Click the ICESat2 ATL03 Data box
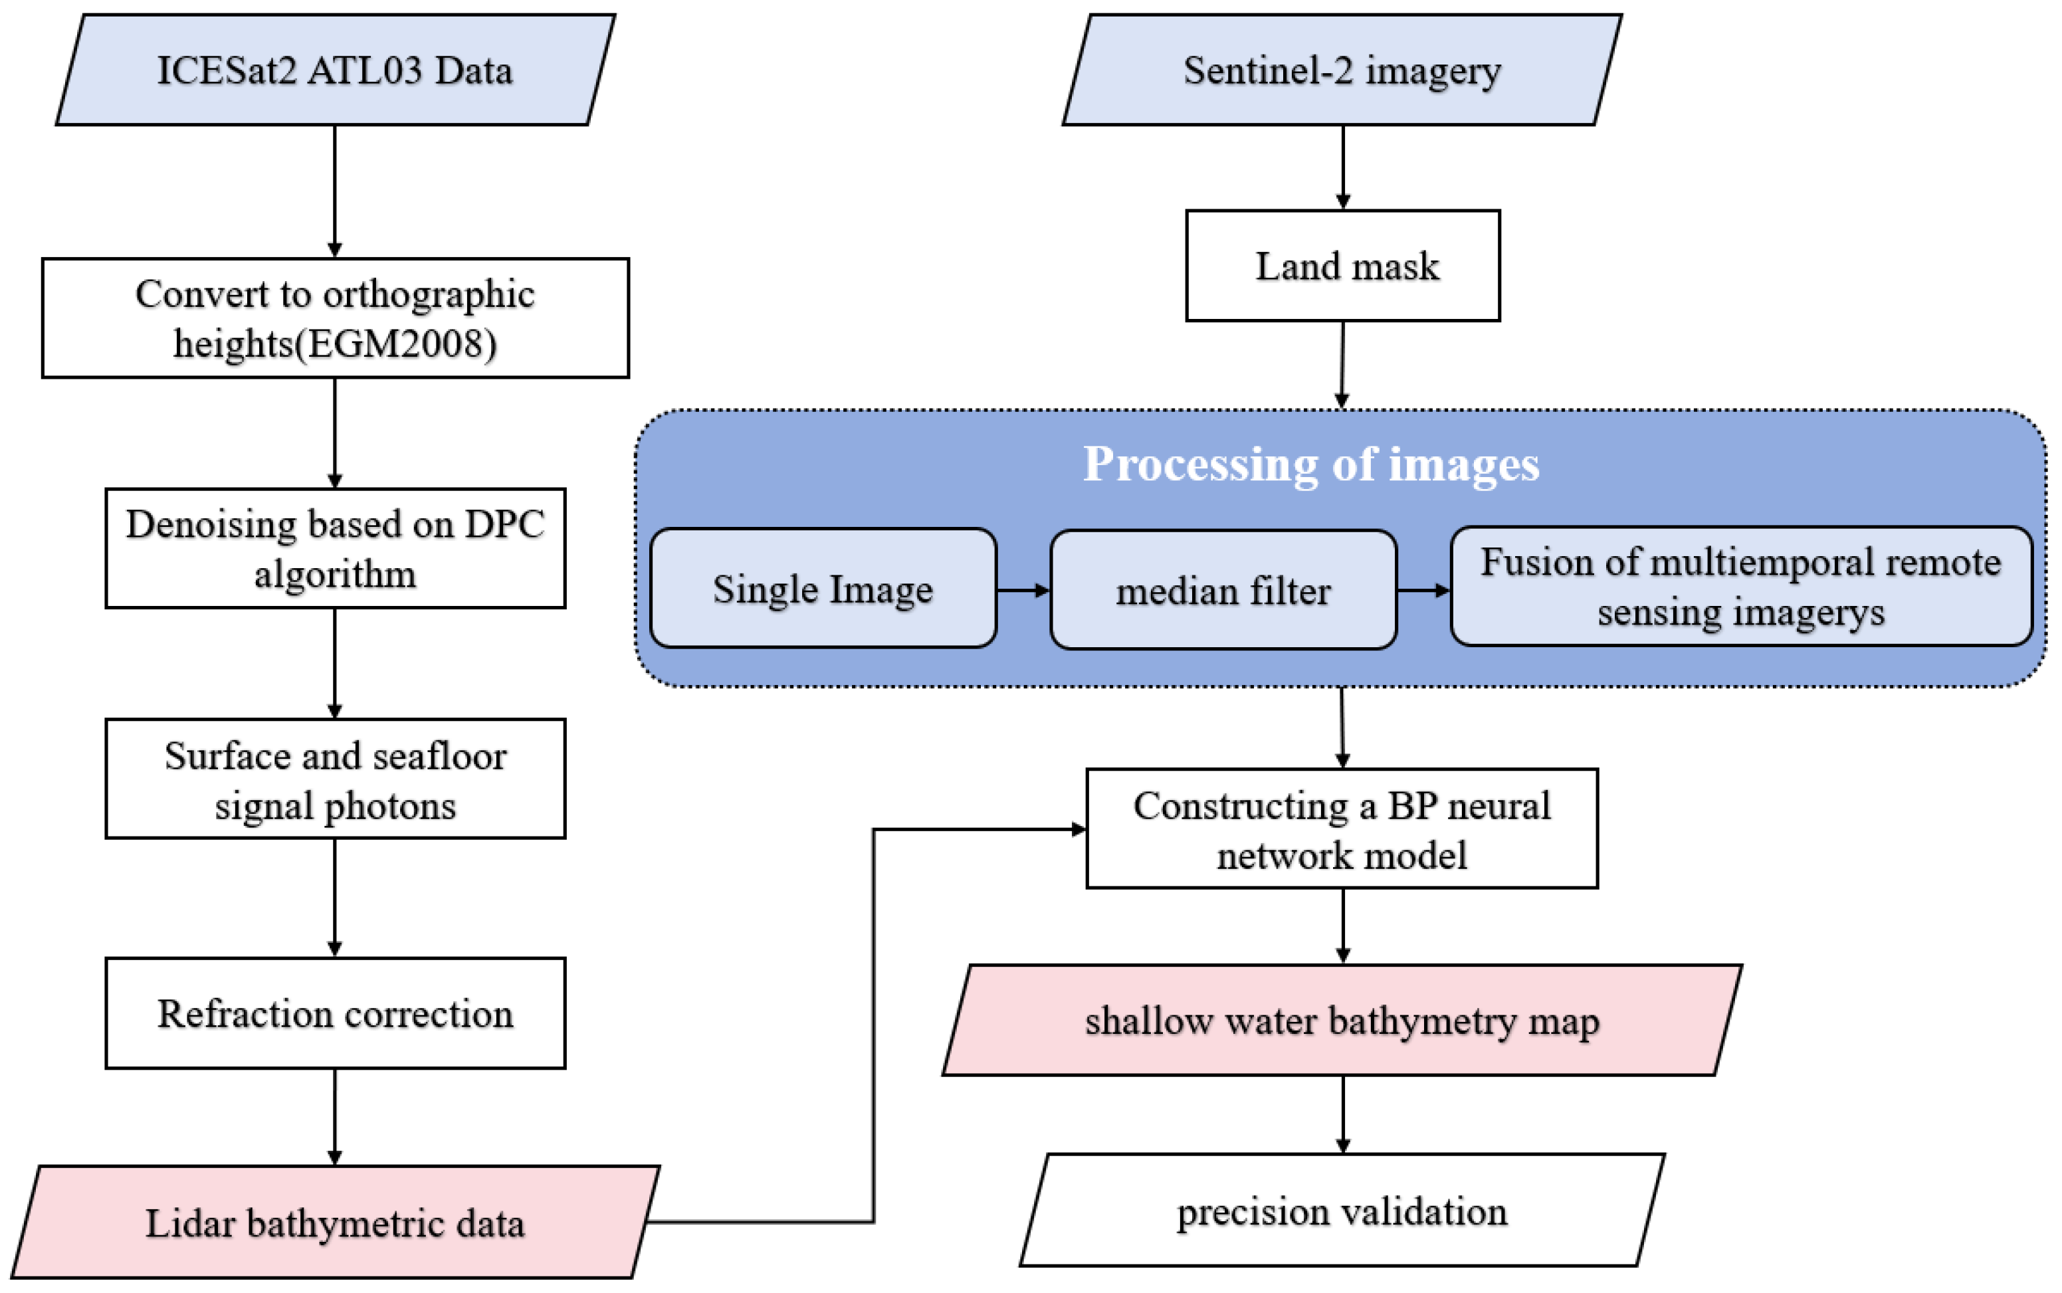pyautogui.click(x=334, y=70)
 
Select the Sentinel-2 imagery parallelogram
pyautogui.click(x=1341, y=70)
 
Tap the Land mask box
pyautogui.click(x=1343, y=266)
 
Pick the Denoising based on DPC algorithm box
pyautogui.click(x=334, y=548)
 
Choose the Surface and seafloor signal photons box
pyautogui.click(x=334, y=779)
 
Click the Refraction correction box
pyautogui.click(x=334, y=1013)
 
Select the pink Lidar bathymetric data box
pyautogui.click(x=334, y=1222)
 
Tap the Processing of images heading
pyautogui.click(x=1311, y=464)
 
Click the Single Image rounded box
pyautogui.click(x=823, y=589)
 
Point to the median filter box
pyautogui.click(x=1223, y=591)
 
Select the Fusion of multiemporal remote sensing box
pyautogui.click(x=1740, y=587)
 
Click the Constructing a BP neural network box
pyautogui.click(x=1341, y=829)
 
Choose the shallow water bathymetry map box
pyautogui.click(x=1341, y=1020)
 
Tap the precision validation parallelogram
pyautogui.click(x=1341, y=1211)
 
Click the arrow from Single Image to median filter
pyautogui.click(x=1023, y=590)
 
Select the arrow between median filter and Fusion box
pyautogui.click(x=1423, y=590)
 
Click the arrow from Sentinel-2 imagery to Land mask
pyautogui.click(x=1343, y=167)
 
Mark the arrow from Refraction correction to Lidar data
pyautogui.click(x=334, y=1117)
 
